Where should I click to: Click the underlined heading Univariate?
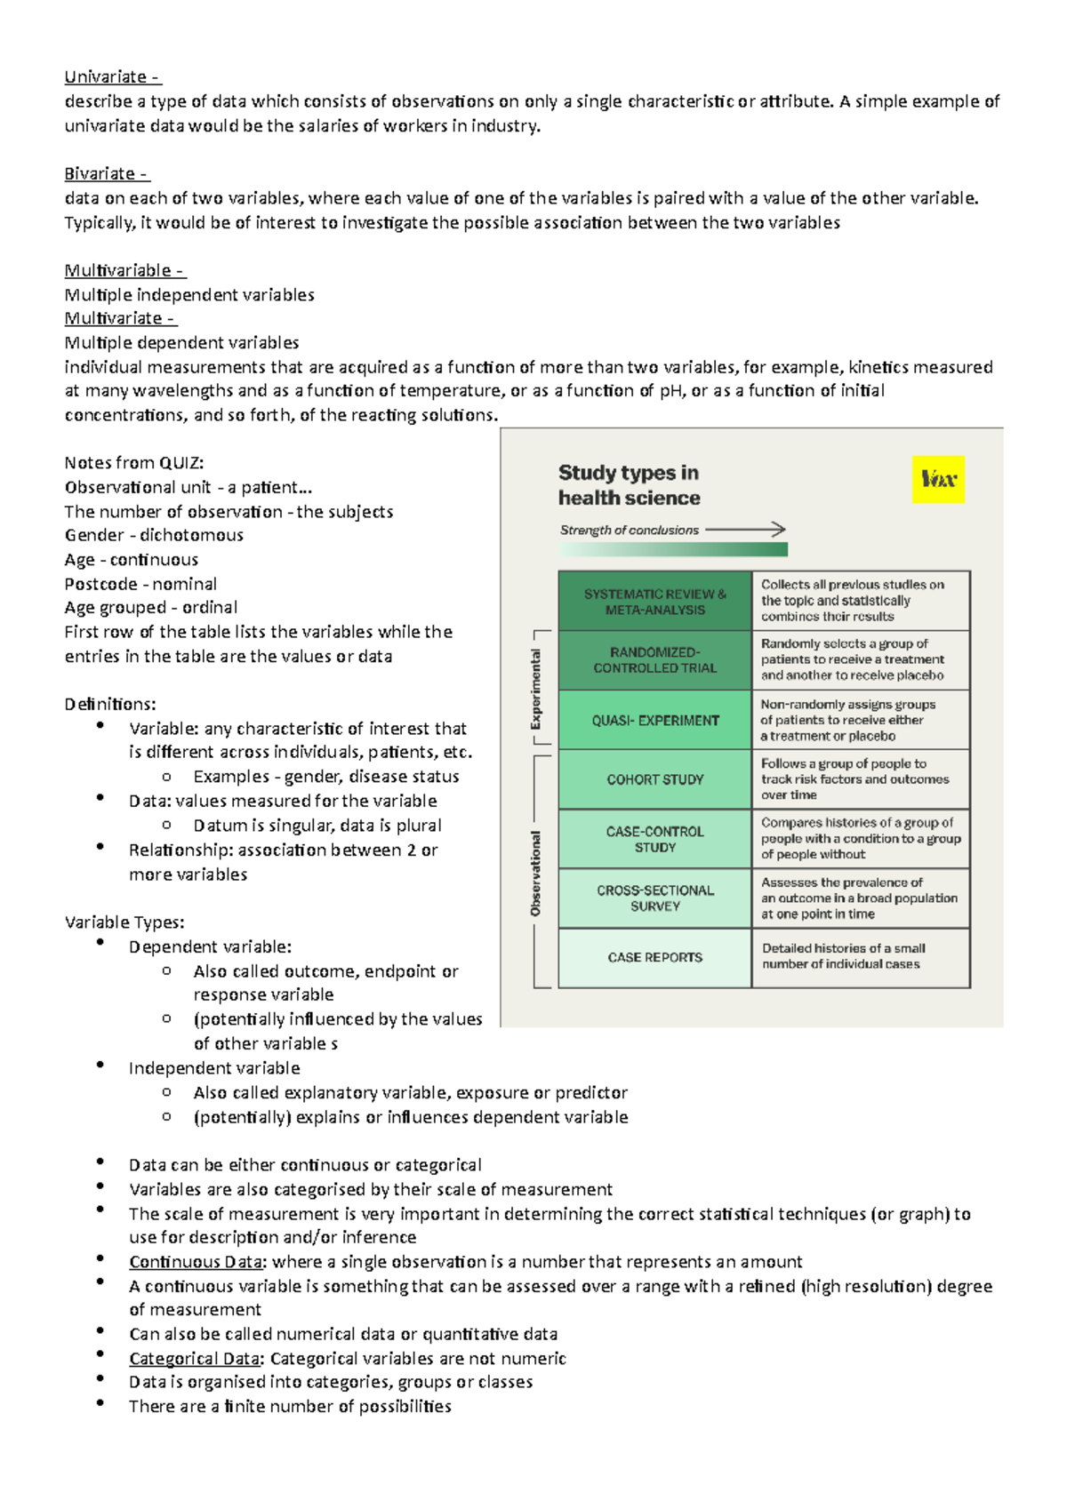coord(112,77)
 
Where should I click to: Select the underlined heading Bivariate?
coord(107,174)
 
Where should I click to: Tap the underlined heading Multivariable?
coord(124,271)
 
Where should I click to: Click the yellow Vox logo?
coord(938,480)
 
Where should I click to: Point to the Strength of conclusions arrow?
coord(745,530)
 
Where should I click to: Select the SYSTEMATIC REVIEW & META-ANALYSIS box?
coord(654,602)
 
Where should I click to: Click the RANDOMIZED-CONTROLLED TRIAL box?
coord(654,660)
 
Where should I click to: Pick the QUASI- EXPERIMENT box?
coord(654,721)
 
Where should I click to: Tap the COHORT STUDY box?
coord(654,779)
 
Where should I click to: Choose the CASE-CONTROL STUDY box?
coord(654,839)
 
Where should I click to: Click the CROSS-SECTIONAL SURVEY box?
coord(654,898)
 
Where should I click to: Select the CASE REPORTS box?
coord(654,958)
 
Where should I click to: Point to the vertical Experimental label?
coord(535,689)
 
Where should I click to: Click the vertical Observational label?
coord(535,874)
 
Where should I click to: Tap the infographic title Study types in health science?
coord(629,485)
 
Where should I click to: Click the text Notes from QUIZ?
coord(134,463)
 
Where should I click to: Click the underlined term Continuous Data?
coord(196,1262)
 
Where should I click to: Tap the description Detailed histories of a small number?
coord(843,956)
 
